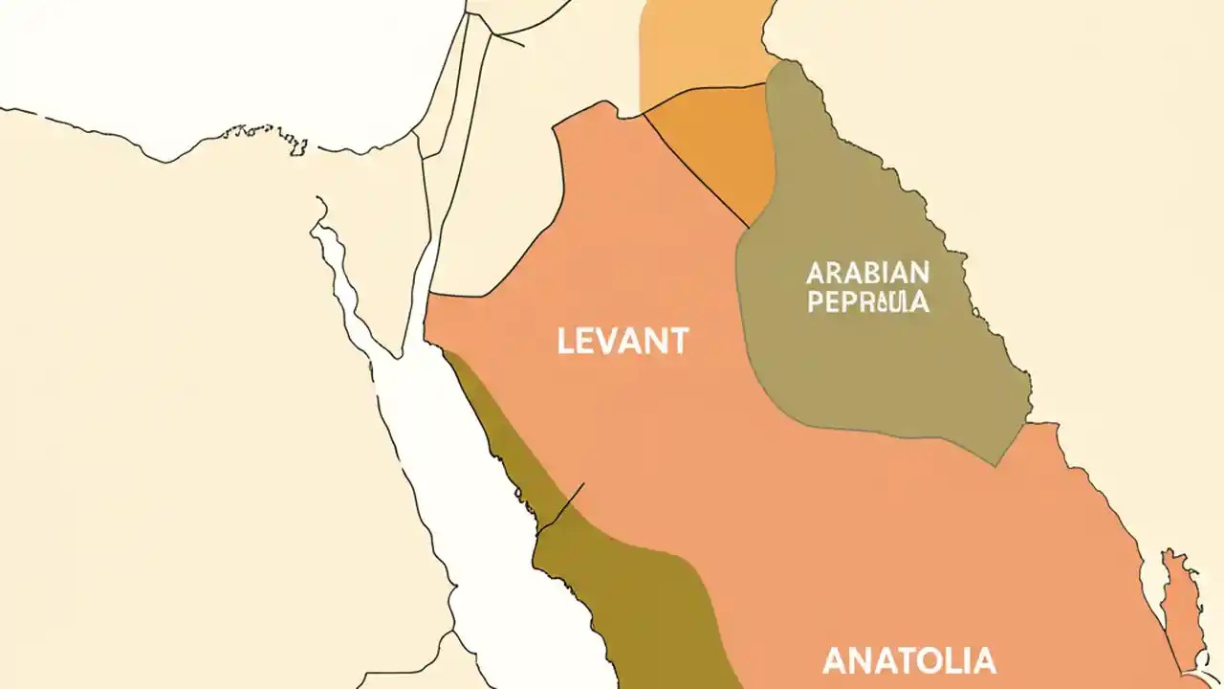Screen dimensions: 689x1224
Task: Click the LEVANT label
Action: coord(623,342)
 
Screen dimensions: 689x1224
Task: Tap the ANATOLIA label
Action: coord(908,660)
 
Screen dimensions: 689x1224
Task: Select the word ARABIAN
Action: coord(867,273)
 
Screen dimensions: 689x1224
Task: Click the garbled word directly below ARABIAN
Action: coord(867,302)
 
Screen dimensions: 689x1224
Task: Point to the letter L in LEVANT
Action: coord(565,342)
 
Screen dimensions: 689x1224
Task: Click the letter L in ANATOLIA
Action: coord(956,660)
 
